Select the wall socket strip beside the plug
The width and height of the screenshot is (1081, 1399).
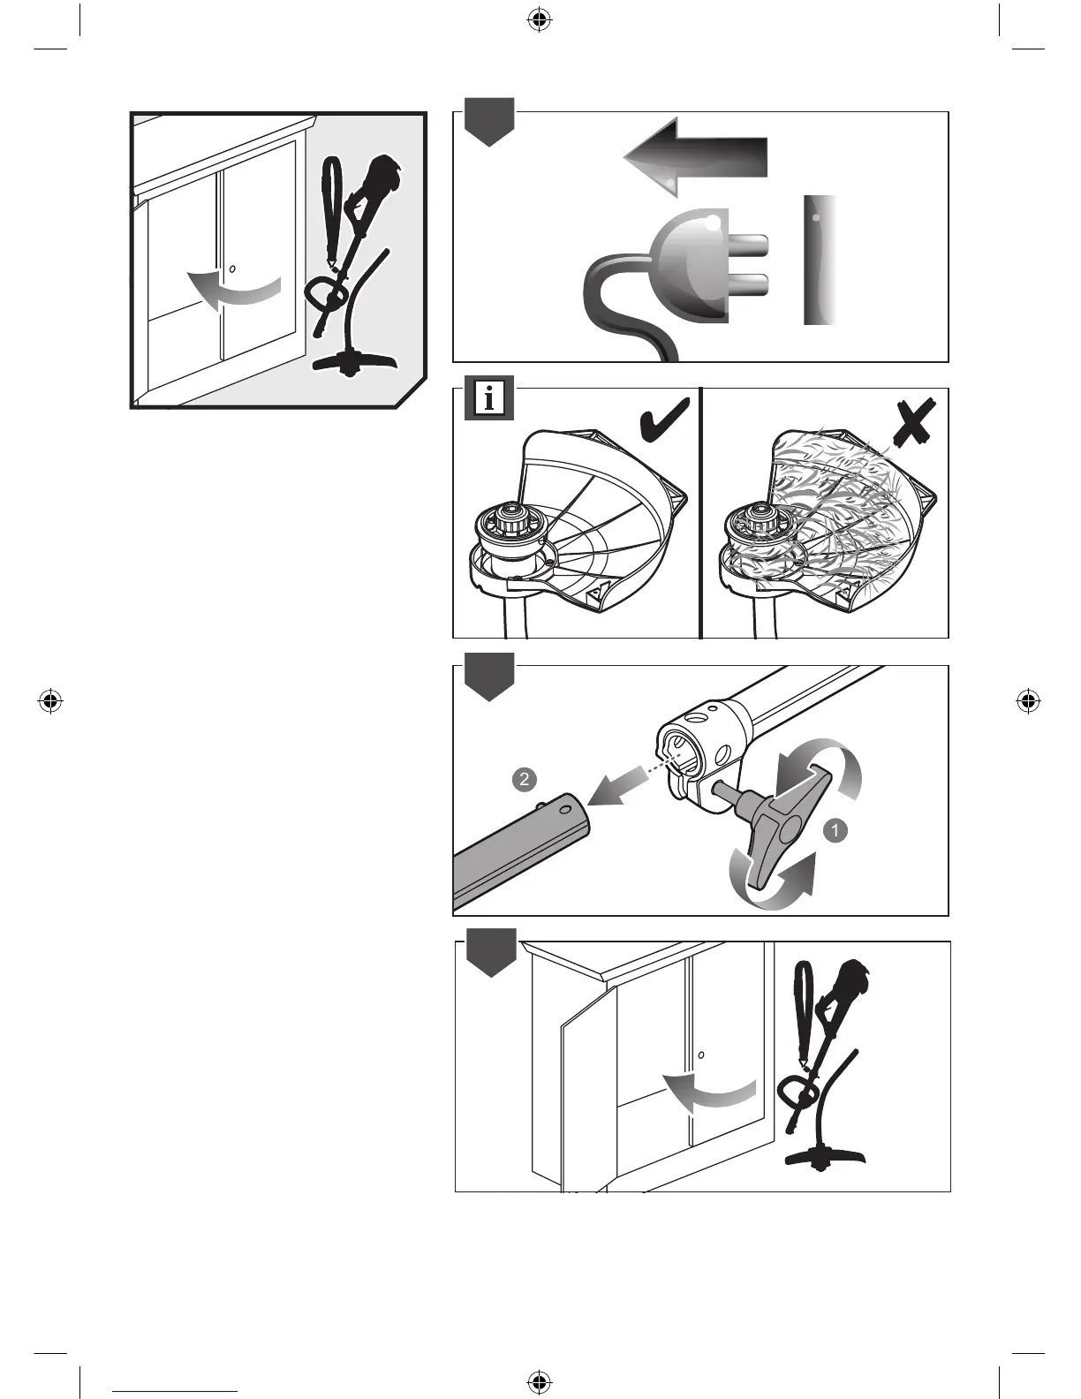(x=820, y=261)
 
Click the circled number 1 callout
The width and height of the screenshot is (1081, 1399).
(x=835, y=829)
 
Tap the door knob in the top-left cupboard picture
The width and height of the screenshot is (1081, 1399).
(x=231, y=268)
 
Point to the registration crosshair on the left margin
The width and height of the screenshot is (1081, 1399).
(x=51, y=701)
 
